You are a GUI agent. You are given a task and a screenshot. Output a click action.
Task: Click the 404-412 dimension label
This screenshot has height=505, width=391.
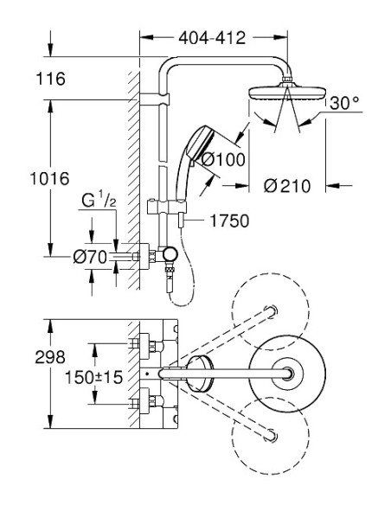212,38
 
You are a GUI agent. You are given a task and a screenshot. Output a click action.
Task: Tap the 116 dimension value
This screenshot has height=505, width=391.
50,79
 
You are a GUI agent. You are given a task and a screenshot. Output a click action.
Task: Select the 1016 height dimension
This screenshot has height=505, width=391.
49,178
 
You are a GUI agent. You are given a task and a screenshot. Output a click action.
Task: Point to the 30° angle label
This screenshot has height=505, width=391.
344,103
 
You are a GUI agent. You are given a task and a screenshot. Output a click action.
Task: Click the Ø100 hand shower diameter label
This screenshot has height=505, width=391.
223,159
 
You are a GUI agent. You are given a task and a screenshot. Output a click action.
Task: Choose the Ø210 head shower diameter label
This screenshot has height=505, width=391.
287,186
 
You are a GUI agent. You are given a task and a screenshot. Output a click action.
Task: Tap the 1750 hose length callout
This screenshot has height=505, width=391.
229,221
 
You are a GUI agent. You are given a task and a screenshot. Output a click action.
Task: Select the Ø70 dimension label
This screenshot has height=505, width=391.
90,257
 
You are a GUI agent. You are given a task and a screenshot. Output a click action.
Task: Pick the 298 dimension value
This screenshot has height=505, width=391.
50,357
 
